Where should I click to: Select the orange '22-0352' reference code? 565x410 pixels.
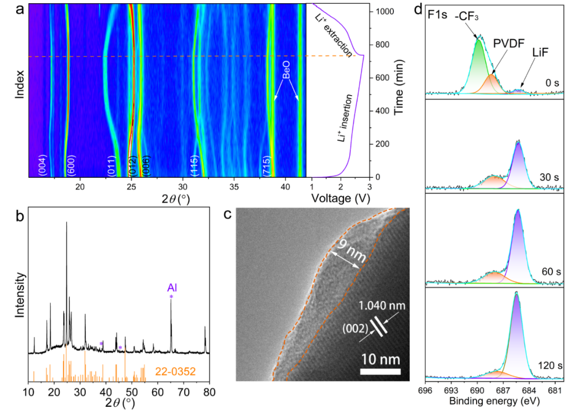[x=175, y=372]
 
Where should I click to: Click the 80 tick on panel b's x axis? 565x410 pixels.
[x=209, y=392]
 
